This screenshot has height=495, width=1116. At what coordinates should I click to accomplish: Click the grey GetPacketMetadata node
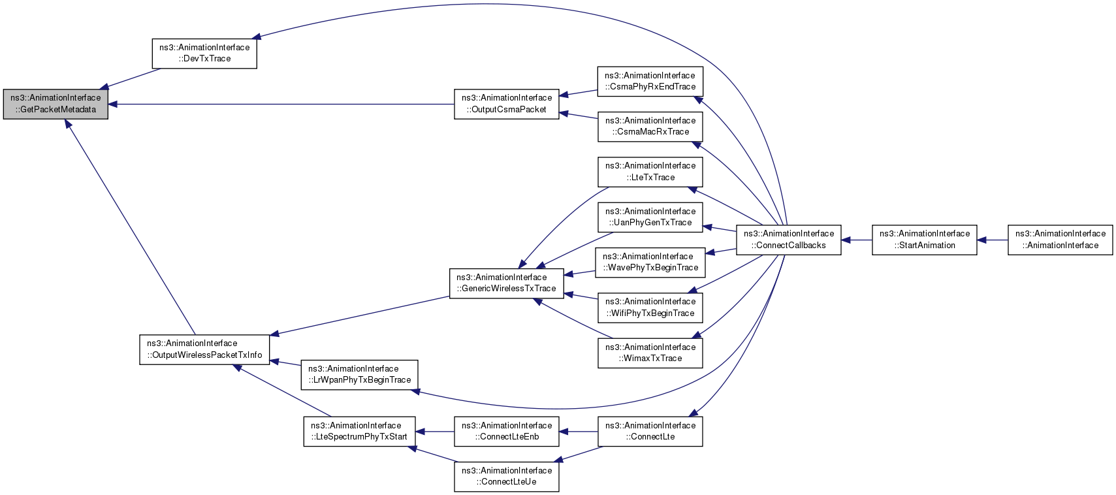[x=56, y=104]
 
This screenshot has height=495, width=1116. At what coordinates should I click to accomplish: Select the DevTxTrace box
[x=204, y=54]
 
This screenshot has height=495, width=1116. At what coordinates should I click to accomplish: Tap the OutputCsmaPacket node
[x=507, y=104]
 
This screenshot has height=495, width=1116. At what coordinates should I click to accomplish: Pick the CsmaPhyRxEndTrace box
[x=650, y=82]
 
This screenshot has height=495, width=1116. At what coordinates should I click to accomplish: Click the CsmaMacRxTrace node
[x=650, y=127]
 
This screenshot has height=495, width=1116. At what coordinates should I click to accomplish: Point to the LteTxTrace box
[x=650, y=172]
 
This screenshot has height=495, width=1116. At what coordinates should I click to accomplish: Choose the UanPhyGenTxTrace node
[x=650, y=217]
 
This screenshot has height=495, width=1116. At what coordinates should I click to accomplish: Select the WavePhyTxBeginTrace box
[x=650, y=263]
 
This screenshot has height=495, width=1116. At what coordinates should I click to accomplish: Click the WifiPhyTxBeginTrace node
[x=650, y=308]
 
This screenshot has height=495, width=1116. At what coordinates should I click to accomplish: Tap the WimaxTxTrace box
[x=650, y=353]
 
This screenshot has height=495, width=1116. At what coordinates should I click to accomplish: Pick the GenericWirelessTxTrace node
[x=507, y=283]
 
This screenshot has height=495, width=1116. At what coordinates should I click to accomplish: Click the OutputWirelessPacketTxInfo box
[x=204, y=349]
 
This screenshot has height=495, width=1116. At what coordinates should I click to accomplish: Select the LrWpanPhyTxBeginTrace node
[x=359, y=374]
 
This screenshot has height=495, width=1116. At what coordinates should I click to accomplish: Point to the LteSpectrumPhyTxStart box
[x=359, y=431]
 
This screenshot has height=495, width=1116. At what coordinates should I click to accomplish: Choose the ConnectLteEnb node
[x=507, y=431]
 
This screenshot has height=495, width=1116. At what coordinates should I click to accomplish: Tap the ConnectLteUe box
[x=507, y=477]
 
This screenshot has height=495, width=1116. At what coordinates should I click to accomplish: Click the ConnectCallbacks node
[x=789, y=240]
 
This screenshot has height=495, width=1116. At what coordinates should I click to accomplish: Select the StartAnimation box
[x=925, y=240]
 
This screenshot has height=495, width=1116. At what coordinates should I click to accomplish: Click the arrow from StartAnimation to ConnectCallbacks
[x=857, y=240]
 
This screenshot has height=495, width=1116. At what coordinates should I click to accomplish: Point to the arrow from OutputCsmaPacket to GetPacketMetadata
[x=281, y=104]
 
